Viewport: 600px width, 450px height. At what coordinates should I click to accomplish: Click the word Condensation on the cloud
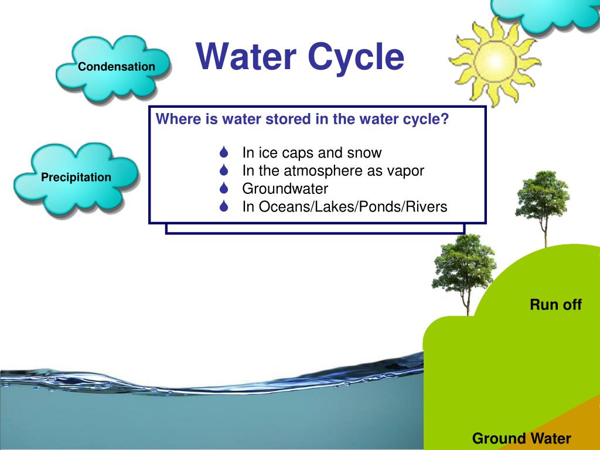click(x=117, y=67)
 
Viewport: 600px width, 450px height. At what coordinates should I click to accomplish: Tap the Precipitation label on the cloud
click(x=76, y=177)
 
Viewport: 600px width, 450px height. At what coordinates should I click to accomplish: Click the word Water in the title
click(x=246, y=56)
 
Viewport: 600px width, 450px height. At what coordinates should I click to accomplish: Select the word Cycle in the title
click(x=356, y=58)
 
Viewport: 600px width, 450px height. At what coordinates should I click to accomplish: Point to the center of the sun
click(x=495, y=61)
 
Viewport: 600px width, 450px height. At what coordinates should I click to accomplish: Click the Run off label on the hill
click(x=555, y=305)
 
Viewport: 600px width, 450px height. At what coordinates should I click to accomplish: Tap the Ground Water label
click(x=521, y=438)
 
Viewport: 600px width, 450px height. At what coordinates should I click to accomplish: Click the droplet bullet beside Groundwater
click(x=224, y=188)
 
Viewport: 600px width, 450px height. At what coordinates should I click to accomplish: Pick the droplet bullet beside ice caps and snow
click(x=224, y=152)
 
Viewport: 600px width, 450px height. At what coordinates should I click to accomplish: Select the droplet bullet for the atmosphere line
click(x=224, y=170)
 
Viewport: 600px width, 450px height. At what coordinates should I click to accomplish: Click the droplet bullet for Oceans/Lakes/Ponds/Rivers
click(x=224, y=206)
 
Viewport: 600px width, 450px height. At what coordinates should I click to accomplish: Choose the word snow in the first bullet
click(x=364, y=153)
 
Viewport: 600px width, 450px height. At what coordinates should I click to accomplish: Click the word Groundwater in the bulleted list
click(x=285, y=189)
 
